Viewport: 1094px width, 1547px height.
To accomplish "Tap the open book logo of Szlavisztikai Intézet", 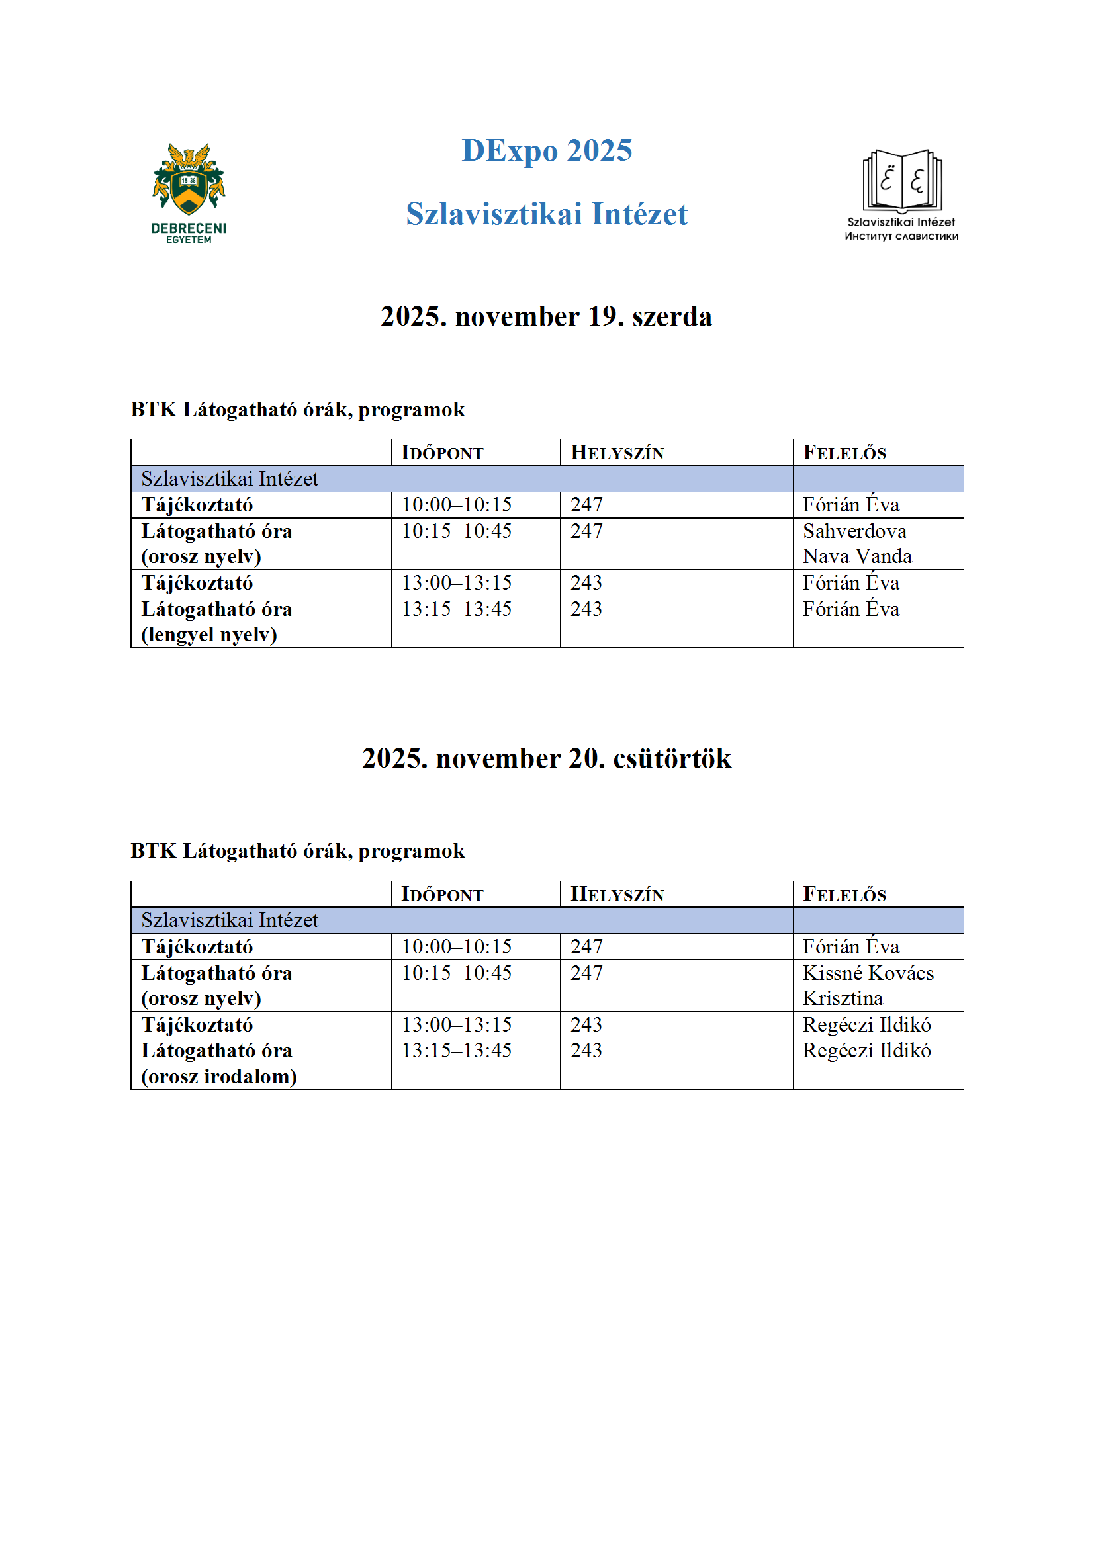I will (x=902, y=180).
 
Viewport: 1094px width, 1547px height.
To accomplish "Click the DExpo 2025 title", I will (x=547, y=150).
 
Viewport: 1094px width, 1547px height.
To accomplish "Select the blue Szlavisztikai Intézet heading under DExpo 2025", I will (x=547, y=214).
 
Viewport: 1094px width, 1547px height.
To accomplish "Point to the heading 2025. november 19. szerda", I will (x=546, y=317).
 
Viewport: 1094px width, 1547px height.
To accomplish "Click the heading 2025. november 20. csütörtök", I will (x=546, y=759).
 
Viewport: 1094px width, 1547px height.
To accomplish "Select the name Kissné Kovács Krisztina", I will (x=868, y=986).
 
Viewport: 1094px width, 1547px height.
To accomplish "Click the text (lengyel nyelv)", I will (x=209, y=635).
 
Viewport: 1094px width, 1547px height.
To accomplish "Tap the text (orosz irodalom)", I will (x=219, y=1077).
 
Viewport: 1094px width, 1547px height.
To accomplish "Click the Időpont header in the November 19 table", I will (x=442, y=453).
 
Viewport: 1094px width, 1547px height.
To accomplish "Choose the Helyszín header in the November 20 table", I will (x=617, y=895).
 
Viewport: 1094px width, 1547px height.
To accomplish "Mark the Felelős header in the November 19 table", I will (x=844, y=453).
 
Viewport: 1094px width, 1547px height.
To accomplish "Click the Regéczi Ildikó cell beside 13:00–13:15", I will (x=866, y=1025).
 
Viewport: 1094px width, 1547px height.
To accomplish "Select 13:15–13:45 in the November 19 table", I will (x=457, y=609).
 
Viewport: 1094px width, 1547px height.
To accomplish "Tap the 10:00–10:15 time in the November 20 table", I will (x=457, y=947).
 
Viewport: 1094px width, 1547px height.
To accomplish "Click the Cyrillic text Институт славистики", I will (x=901, y=236).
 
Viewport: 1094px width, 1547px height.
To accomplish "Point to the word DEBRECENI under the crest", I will (x=189, y=228).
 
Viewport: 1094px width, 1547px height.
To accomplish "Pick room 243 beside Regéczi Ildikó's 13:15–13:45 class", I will (x=586, y=1051).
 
